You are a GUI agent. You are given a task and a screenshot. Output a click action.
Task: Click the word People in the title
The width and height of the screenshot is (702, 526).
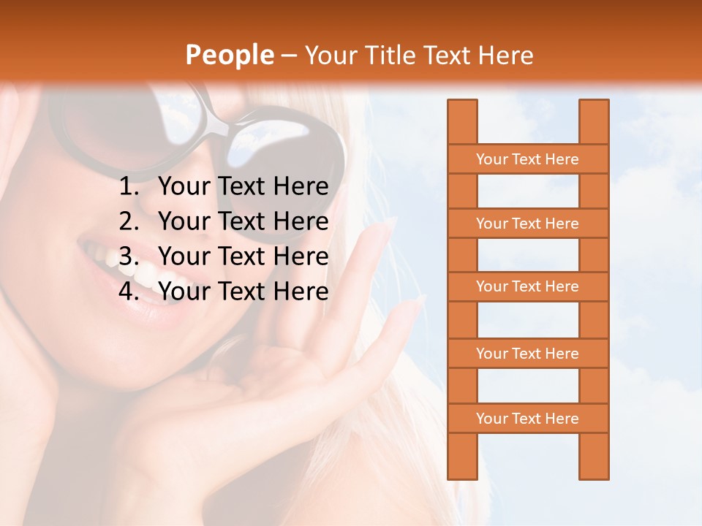point(230,55)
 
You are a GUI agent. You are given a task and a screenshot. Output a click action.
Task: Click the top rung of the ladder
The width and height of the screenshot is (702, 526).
point(527,159)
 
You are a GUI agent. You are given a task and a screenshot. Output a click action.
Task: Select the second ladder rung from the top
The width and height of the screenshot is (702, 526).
point(527,224)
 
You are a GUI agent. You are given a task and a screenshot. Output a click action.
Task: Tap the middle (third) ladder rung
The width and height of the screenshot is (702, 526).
point(527,286)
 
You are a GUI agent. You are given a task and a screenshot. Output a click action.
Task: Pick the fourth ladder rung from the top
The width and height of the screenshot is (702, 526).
point(527,354)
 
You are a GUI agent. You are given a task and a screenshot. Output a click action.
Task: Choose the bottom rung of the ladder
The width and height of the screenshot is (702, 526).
point(527,419)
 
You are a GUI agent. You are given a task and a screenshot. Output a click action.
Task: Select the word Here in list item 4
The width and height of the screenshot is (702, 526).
point(301,291)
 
